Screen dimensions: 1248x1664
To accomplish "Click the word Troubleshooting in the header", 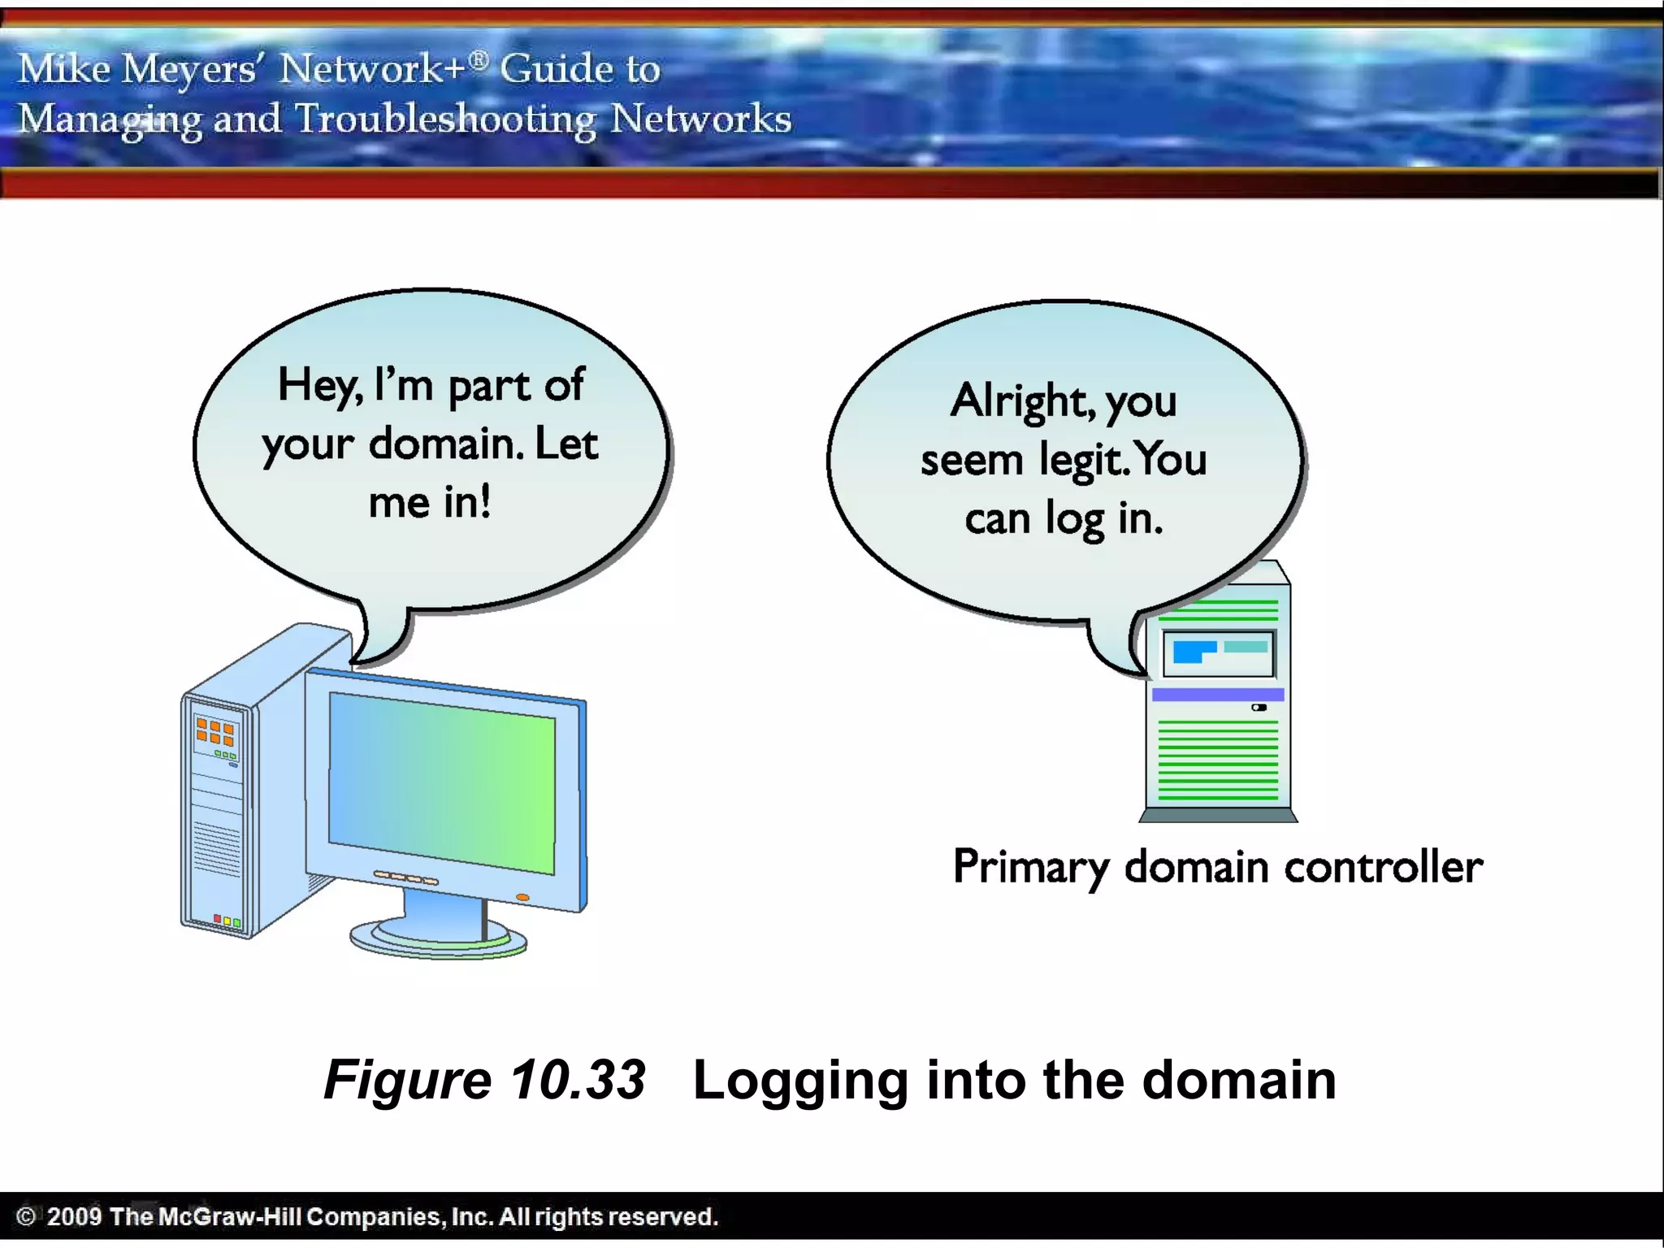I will coord(445,119).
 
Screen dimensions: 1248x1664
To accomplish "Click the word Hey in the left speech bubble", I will coord(318,385).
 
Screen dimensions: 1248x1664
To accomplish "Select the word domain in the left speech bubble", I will coord(442,444).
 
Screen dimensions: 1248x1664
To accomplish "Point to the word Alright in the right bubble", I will coord(1020,400).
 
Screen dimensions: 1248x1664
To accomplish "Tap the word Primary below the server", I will coord(1030,866).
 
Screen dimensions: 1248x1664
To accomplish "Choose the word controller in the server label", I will coord(1384,866).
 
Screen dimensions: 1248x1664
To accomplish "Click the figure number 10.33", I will coord(578,1080).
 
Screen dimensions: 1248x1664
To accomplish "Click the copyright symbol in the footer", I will coord(26,1216).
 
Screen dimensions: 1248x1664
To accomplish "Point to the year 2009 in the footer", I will coord(74,1216).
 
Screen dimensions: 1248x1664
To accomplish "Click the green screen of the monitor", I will coord(442,782).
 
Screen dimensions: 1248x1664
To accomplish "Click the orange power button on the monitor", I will coord(522,897).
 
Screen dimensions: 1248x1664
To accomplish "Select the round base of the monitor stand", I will coord(439,942).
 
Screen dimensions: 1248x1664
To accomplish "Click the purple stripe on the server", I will coord(1217,695).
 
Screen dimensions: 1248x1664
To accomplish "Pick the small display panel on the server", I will coord(1218,652).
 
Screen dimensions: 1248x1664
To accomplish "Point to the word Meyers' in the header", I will coord(189,68).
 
